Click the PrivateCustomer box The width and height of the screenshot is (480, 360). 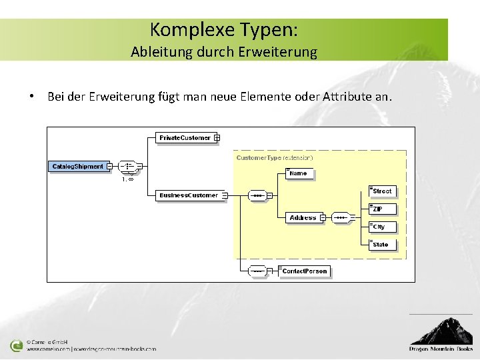coord(185,138)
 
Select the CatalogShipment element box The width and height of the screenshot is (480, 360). coord(77,166)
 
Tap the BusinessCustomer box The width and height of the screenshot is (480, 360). coord(189,195)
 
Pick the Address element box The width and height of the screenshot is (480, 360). coord(303,218)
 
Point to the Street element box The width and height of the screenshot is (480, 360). coord(383,191)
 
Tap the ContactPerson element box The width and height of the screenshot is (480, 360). coord(305,271)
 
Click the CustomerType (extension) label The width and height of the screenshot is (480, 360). coord(275,157)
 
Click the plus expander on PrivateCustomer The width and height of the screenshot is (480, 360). coord(217,138)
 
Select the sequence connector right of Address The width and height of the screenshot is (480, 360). coord(340,218)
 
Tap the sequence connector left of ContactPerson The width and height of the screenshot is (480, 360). coord(257,271)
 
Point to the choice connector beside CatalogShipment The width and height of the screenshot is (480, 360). coord(127,166)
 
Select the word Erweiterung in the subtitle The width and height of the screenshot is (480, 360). coord(281,51)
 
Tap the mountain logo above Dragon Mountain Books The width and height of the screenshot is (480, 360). coord(441,331)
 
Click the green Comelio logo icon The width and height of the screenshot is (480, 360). coord(16,346)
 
